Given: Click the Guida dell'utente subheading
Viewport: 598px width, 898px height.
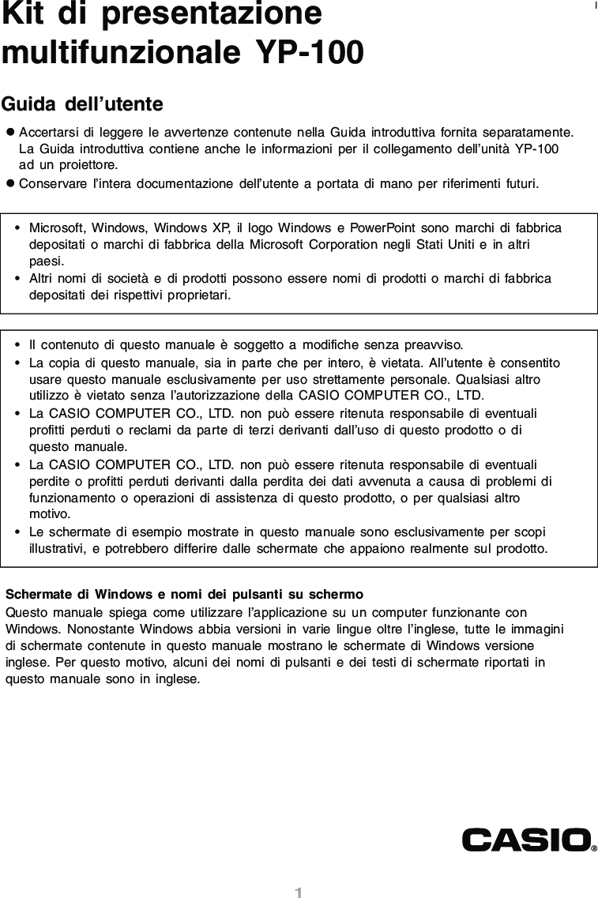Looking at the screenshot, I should click(x=82, y=104).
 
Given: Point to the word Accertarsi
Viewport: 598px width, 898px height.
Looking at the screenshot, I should click(x=50, y=131).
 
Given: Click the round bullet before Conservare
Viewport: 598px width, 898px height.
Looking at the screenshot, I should click(x=10, y=184).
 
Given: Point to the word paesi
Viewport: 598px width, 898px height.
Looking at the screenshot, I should click(x=45, y=261).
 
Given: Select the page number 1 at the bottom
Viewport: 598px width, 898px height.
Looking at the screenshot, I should click(x=299, y=892).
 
